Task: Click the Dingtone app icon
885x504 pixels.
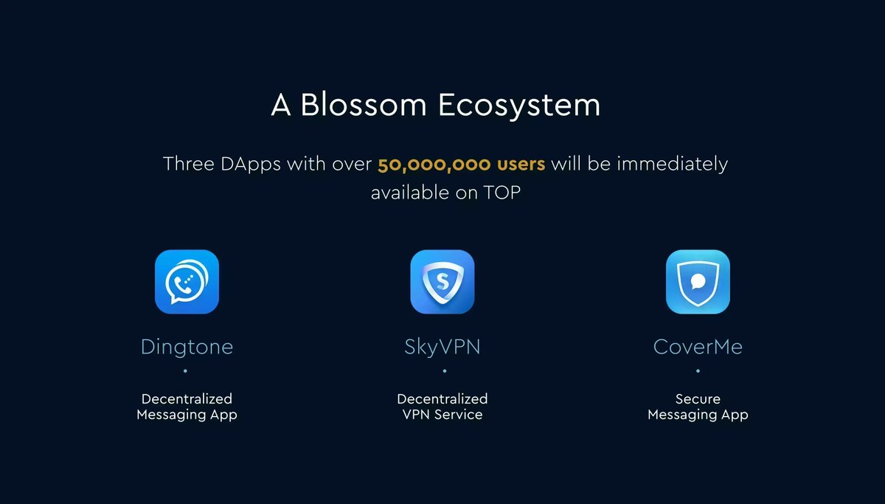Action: tap(187, 282)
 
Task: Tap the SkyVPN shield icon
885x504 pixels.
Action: tap(442, 282)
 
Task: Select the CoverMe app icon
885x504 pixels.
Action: tap(698, 282)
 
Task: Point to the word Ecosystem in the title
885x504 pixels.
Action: tap(519, 106)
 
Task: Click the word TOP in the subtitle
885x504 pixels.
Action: tap(502, 194)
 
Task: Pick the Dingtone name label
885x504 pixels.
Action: tap(187, 347)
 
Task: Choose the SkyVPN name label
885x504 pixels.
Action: tap(442, 347)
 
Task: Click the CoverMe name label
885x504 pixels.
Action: tap(698, 347)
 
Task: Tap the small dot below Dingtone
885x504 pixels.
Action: tap(185, 371)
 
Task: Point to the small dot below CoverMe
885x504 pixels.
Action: tap(698, 371)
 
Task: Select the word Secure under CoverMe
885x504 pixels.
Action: tap(698, 399)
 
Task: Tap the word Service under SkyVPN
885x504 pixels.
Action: tap(458, 415)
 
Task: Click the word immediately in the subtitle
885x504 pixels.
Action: tap(672, 164)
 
